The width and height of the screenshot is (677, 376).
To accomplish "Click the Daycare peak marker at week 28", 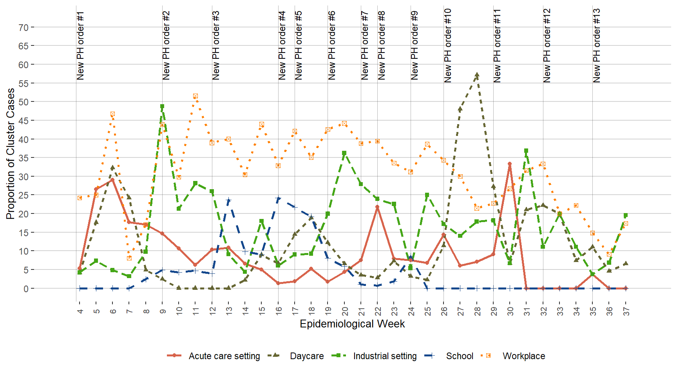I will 477,74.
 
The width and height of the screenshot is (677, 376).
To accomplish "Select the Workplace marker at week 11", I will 195,96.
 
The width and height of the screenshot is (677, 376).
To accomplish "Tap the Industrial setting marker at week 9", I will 162,106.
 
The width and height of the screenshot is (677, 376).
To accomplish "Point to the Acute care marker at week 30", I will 510,164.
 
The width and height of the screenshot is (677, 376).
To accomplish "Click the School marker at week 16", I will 278,199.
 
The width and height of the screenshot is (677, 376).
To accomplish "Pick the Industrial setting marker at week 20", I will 344,153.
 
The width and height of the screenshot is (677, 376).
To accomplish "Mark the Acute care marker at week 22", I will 377,207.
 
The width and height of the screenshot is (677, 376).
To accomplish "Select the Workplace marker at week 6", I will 113,114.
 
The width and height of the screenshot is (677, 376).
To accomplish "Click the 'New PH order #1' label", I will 80,46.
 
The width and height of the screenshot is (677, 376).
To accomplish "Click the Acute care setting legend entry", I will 224,356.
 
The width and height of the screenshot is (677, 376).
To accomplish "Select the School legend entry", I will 460,356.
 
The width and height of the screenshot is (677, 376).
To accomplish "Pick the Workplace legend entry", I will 524,356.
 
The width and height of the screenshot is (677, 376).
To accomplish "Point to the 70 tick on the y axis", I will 24,27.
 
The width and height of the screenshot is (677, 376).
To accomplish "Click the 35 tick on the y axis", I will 24,158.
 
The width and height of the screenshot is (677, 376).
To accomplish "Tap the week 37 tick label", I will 626,311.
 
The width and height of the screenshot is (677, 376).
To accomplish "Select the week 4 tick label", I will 80,311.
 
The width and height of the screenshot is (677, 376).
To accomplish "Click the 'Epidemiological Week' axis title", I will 352,324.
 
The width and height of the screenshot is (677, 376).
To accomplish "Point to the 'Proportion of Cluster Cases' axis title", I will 11,154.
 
